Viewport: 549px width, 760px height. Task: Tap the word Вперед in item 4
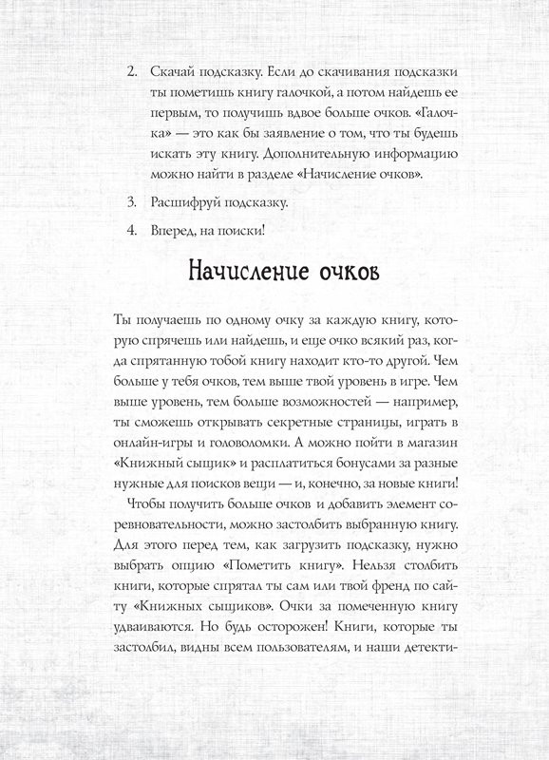point(174,231)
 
